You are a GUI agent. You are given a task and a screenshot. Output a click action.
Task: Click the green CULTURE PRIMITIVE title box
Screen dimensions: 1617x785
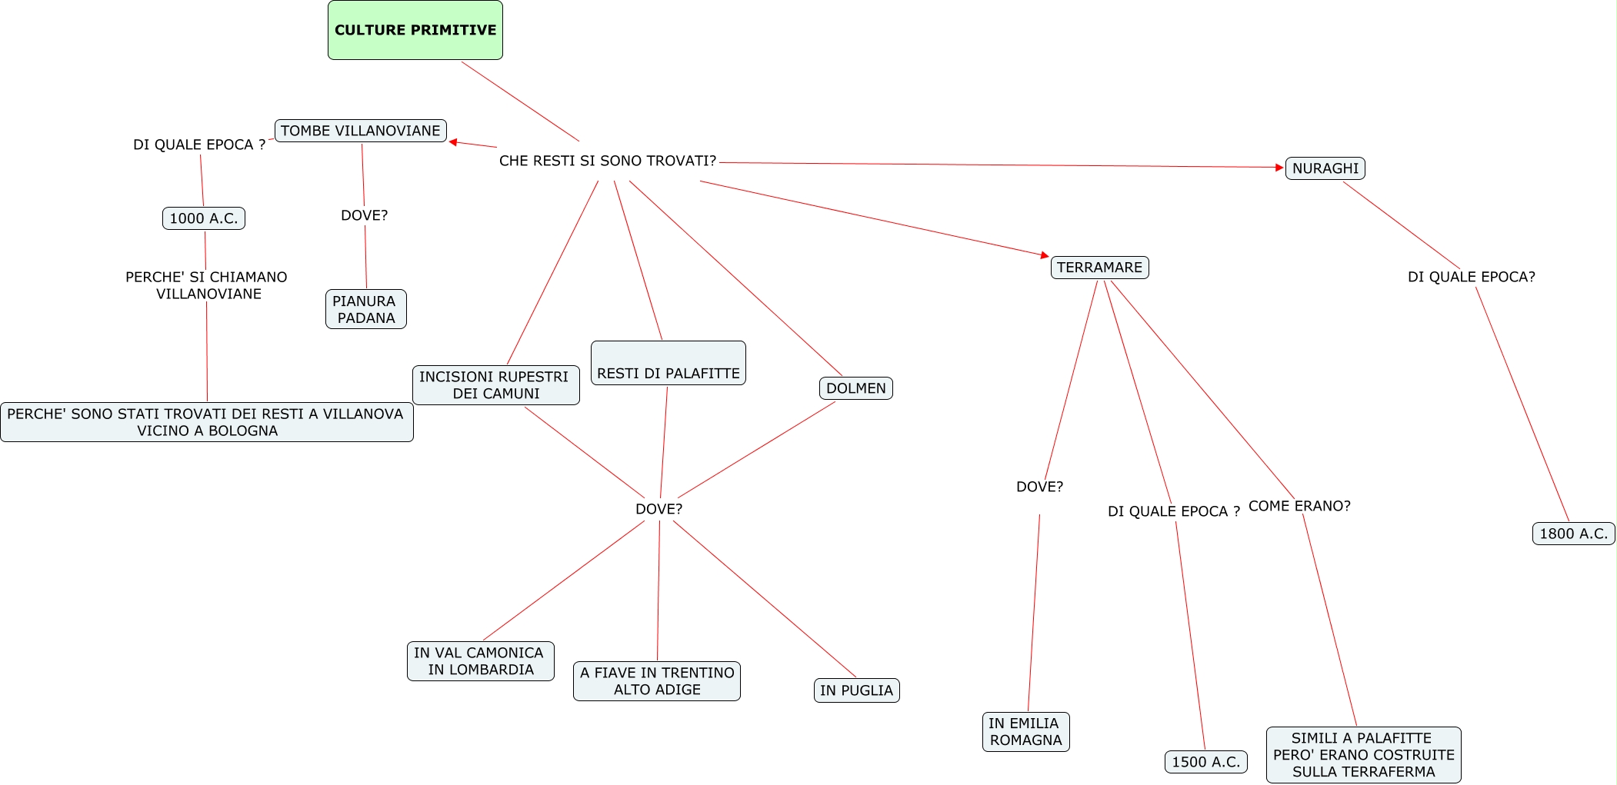tap(415, 30)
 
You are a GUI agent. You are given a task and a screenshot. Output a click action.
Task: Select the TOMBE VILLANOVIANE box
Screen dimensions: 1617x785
tap(360, 131)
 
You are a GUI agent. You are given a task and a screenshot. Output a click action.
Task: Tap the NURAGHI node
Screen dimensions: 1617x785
tap(1325, 168)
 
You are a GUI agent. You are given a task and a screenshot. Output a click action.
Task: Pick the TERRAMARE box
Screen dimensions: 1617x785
tap(1099, 268)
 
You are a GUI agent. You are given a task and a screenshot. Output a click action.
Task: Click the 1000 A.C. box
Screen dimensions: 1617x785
tap(204, 218)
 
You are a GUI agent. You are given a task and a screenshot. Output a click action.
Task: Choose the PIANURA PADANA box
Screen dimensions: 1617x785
tap(365, 309)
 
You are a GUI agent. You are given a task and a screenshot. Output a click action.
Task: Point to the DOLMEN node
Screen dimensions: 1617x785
tap(855, 388)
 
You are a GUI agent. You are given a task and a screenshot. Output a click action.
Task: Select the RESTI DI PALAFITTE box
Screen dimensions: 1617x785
tap(668, 364)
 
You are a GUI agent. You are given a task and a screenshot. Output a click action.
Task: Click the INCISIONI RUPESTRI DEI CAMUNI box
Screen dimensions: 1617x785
tap(495, 385)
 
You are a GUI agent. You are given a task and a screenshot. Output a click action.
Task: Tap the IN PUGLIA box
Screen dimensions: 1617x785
tap(856, 690)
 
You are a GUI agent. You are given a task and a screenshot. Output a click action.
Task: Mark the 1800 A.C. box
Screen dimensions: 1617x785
tap(1573, 534)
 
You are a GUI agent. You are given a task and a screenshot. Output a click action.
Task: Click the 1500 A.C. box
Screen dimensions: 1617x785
tap(1205, 762)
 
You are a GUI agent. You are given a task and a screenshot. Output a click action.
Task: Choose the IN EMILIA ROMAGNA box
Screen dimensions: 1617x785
tap(1025, 732)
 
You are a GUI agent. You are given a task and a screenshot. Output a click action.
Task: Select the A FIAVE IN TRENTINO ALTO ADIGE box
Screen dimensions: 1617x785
tap(656, 681)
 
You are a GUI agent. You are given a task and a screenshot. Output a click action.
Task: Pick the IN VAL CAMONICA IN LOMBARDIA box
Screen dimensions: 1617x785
tap(480, 661)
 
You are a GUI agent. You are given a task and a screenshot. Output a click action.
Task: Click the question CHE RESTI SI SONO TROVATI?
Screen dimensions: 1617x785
tap(607, 161)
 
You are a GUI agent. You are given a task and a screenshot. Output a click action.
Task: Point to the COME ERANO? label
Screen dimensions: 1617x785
tap(1299, 506)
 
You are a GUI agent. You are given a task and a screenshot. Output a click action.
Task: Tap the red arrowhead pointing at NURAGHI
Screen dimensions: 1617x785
tap(1280, 168)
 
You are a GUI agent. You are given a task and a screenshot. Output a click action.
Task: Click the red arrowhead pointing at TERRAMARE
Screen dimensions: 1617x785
tap(1045, 254)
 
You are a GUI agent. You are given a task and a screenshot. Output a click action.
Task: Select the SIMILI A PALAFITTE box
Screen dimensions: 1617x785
tap(1363, 755)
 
